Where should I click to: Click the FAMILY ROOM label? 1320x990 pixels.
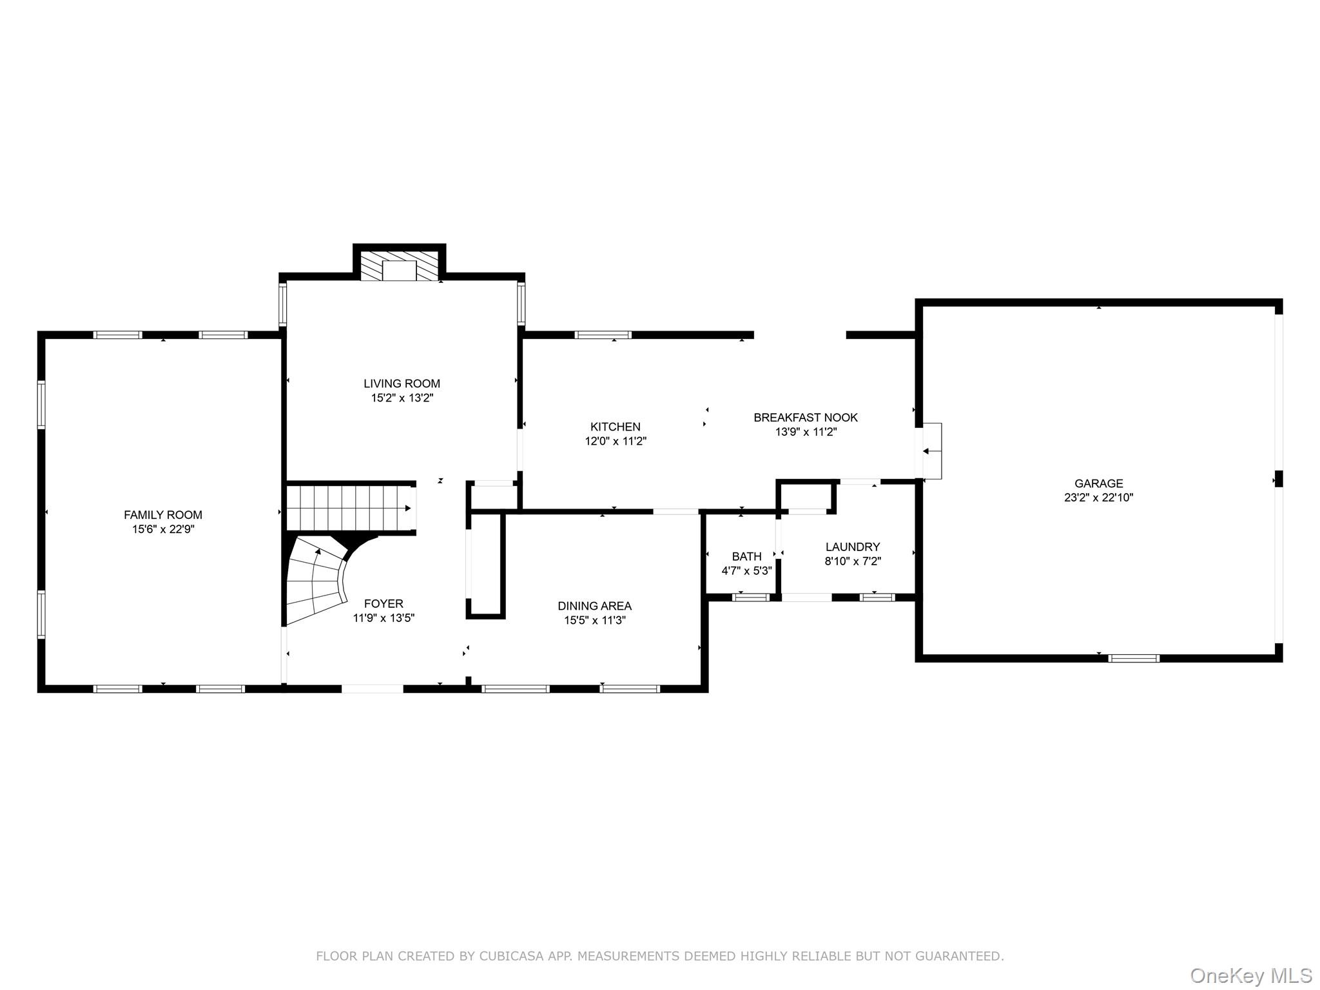tap(163, 514)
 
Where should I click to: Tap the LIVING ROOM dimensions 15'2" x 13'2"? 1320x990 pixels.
tap(402, 398)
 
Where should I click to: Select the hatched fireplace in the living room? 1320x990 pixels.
tap(399, 266)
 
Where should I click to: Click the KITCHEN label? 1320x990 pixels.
tap(615, 427)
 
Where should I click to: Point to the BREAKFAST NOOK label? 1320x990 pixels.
tap(805, 418)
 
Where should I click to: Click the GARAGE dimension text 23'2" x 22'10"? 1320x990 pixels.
tap(1098, 498)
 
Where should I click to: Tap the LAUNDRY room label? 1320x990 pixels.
tap(852, 547)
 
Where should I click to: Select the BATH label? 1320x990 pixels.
tap(746, 556)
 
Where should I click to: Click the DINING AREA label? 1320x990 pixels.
tap(594, 606)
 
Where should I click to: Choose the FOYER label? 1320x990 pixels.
tap(383, 603)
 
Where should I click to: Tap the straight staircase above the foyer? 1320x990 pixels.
tap(348, 507)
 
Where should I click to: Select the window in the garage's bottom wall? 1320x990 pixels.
tap(1134, 658)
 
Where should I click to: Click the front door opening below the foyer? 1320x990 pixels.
tap(372, 688)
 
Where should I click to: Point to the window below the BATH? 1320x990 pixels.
tap(751, 597)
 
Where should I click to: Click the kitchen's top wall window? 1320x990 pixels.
tap(603, 335)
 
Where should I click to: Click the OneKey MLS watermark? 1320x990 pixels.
tap(1250, 975)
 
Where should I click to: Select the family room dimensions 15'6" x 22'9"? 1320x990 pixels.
tap(163, 529)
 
